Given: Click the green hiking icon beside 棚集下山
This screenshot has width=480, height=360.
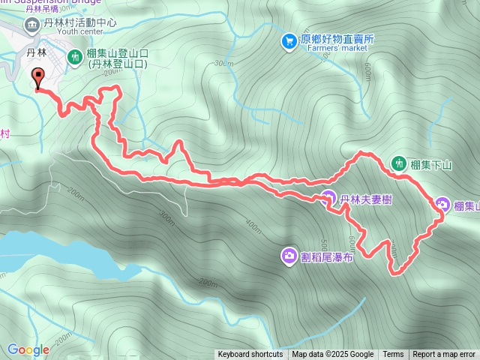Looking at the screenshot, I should pos(397,162).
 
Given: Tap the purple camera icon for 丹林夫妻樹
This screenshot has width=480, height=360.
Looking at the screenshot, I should pos(328,199).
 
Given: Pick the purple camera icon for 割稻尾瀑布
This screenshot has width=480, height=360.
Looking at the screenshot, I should pos(289,256).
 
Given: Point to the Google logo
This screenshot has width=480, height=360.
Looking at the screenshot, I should pos(28,349).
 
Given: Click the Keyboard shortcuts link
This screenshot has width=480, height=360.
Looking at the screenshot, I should pos(250,355).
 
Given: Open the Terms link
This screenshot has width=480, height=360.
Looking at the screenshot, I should pos(393,355).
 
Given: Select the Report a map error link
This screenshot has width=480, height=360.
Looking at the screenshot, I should pos(444,355).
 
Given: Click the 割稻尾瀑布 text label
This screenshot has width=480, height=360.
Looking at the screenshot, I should pos(326,256).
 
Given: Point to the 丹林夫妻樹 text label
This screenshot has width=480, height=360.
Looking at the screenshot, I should pos(367,199).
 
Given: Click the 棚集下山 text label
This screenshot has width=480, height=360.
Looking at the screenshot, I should pos(432,163).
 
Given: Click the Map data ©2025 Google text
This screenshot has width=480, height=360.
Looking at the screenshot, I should pos(332,355).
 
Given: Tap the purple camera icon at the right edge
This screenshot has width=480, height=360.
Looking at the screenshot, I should pos(442,205).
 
